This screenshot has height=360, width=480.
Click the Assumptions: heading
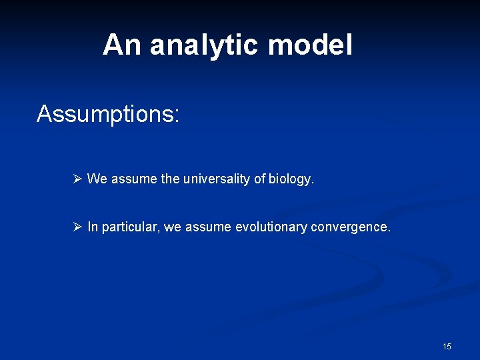(107, 114)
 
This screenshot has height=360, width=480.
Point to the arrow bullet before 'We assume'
(77, 179)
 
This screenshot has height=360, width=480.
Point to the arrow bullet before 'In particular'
(77, 227)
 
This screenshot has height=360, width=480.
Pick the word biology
(291, 179)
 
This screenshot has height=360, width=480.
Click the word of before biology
(259, 179)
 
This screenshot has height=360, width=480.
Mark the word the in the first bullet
(170, 179)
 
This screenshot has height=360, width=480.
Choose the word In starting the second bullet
(92, 227)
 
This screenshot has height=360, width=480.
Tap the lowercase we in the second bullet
(172, 227)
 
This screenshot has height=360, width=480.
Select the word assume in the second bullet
(208, 227)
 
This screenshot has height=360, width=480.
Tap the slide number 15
(446, 346)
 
